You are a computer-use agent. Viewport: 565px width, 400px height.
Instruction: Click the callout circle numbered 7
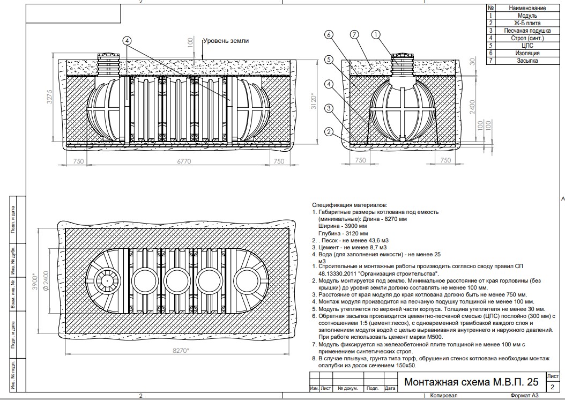(354, 35)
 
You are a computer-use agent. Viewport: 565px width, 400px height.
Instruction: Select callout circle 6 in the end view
(329, 35)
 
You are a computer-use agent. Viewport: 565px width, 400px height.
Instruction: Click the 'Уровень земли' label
(226, 41)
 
